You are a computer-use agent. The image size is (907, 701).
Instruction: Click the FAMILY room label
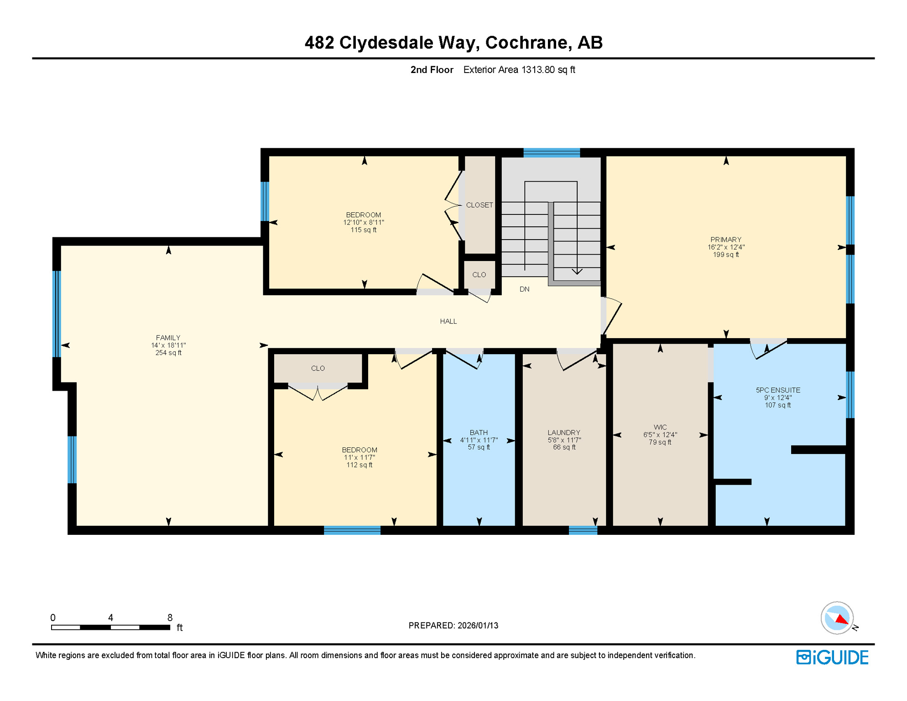click(168, 338)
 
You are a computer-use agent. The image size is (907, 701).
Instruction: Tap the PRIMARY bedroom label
click(725, 240)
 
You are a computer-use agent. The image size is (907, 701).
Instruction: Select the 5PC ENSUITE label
click(777, 390)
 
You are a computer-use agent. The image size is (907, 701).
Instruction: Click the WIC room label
click(660, 428)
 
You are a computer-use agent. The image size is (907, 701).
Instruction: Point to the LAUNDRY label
click(563, 433)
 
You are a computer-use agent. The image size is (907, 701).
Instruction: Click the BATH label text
click(479, 433)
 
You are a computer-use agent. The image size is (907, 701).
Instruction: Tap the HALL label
click(448, 321)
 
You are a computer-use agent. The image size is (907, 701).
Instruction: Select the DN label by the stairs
click(524, 289)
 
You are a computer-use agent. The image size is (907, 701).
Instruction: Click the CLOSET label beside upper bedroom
click(479, 205)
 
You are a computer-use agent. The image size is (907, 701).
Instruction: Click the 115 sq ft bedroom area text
click(363, 230)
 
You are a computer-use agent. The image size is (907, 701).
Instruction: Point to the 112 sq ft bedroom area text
click(359, 465)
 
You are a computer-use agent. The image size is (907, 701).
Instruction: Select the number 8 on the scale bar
click(170, 617)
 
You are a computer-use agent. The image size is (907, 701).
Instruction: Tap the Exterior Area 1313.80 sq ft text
click(519, 70)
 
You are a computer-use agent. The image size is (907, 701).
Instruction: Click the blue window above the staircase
click(551, 152)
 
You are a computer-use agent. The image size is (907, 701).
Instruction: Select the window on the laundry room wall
click(583, 530)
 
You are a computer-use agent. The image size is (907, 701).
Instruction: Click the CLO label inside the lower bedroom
click(318, 368)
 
